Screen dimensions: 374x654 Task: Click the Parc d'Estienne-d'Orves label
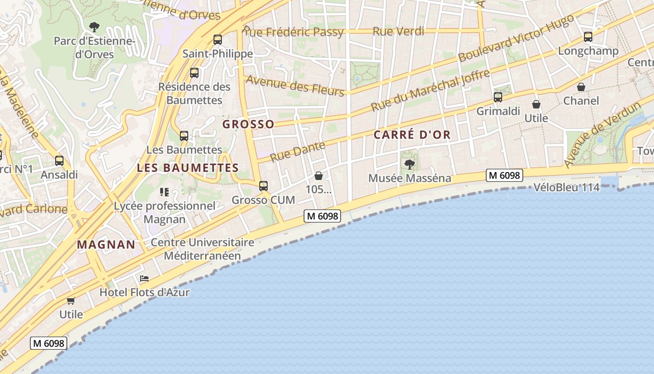click(94, 47)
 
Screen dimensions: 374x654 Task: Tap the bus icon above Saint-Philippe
click(218, 39)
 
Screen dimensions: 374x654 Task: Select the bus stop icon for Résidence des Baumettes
click(194, 73)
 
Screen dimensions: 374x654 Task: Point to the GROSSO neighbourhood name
click(248, 124)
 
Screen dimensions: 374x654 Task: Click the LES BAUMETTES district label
click(188, 168)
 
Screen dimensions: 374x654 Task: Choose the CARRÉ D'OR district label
click(412, 135)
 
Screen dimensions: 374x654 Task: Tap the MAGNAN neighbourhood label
click(106, 244)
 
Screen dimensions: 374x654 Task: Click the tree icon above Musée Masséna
click(410, 164)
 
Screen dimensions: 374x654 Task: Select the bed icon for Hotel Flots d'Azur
click(144, 279)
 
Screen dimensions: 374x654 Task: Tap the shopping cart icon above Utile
click(71, 301)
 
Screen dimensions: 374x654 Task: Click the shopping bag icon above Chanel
click(581, 87)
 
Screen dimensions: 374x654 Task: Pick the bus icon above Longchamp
click(588, 36)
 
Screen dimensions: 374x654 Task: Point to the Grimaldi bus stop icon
click(498, 97)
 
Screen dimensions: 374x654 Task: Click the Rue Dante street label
click(298, 151)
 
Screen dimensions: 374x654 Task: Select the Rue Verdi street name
click(398, 31)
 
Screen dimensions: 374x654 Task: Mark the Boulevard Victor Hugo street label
click(516, 38)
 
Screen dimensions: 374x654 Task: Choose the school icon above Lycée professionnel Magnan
click(164, 192)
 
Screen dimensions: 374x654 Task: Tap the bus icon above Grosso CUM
click(263, 186)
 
